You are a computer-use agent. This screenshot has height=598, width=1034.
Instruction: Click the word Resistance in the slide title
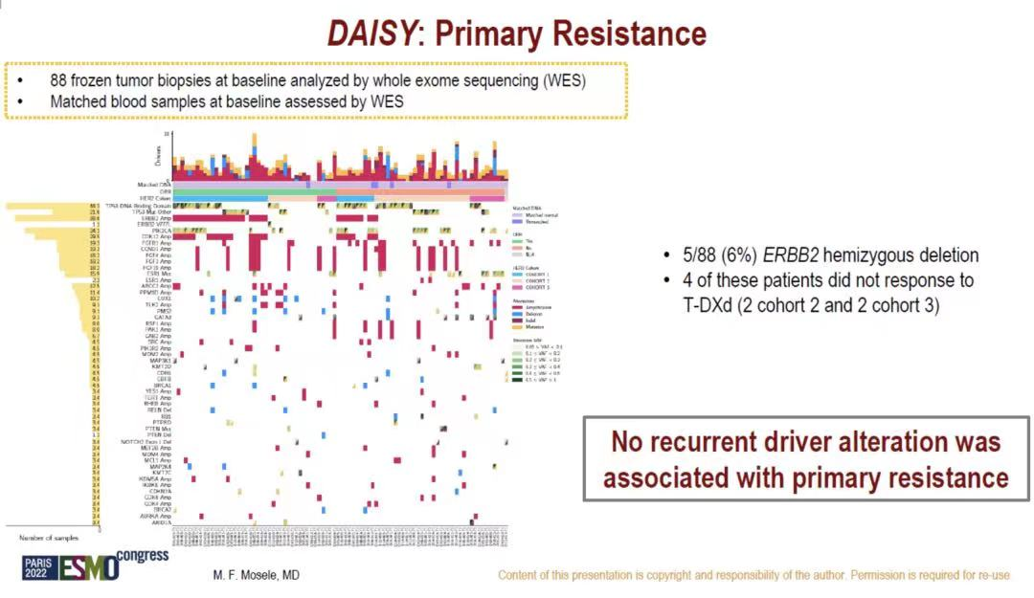click(619, 33)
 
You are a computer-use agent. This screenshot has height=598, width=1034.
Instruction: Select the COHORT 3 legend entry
click(533, 287)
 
